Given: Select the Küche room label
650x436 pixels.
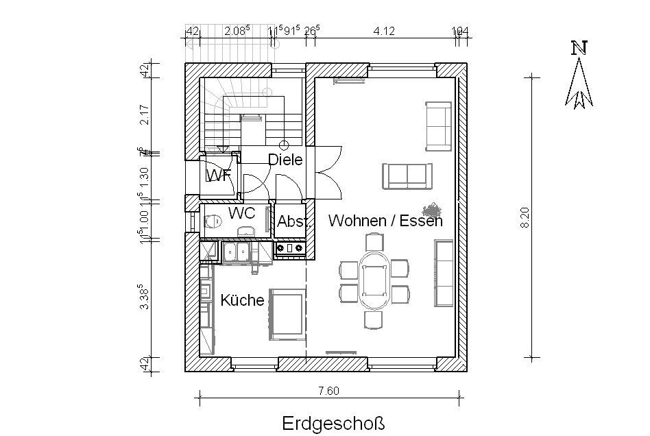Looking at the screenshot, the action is point(242,300).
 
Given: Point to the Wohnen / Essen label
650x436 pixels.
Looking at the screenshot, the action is point(385,221).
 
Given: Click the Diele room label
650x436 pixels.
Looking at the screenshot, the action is point(285,160).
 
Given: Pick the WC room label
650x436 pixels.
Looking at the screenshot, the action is point(241,213).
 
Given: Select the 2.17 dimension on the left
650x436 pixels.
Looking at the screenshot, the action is point(144,114).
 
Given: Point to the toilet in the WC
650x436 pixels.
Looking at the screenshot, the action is point(213,221).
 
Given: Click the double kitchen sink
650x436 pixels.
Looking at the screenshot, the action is point(237,252).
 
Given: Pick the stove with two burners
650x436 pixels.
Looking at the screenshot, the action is point(290,247).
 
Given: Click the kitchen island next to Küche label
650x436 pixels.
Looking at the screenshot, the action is point(287,314).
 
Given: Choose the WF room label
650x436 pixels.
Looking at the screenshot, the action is point(218,175).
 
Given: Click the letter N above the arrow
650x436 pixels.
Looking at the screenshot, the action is point(580,47).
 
